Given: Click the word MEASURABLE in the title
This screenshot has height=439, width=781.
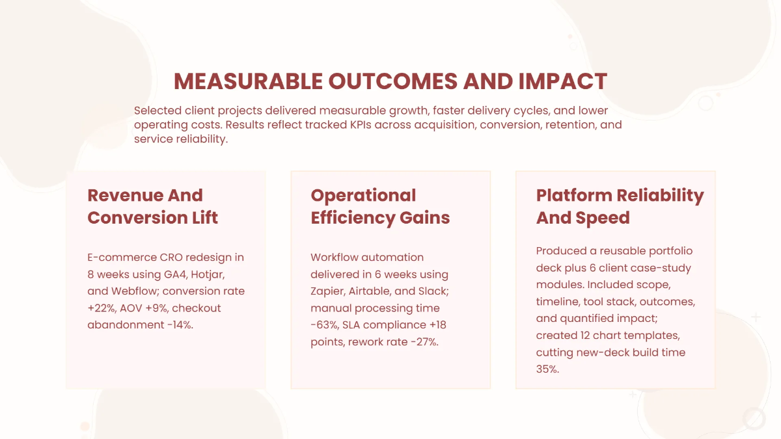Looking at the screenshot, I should pyautogui.click(x=248, y=81).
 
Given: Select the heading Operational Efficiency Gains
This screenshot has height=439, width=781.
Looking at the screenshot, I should pyautogui.click(x=380, y=206).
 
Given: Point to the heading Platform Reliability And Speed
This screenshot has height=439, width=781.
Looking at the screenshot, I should pyautogui.click(x=620, y=206).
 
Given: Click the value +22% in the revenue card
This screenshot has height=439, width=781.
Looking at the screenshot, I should pyautogui.click(x=102, y=308).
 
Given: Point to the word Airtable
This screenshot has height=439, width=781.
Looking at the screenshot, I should pyautogui.click(x=377, y=291).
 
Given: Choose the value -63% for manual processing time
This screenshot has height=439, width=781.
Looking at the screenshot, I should pyautogui.click(x=325, y=325).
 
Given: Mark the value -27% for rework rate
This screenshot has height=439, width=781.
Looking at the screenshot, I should pyautogui.click(x=424, y=341).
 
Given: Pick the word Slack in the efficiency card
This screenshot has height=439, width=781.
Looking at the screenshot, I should pyautogui.click(x=433, y=291).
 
